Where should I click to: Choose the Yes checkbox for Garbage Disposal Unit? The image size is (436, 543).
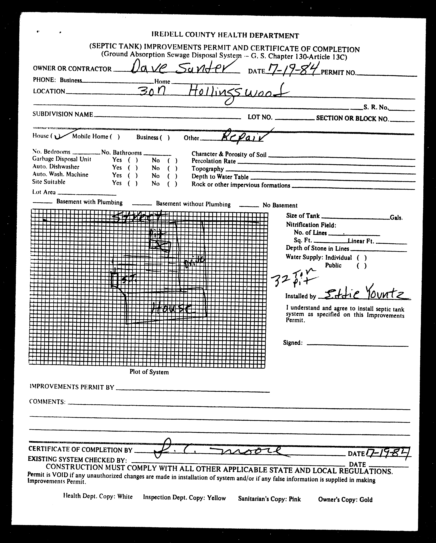click(x=133, y=160)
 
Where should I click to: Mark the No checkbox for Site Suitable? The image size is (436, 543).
click(x=172, y=184)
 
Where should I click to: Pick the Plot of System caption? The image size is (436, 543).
click(x=149, y=372)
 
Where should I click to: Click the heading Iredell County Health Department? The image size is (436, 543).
click(x=225, y=35)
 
